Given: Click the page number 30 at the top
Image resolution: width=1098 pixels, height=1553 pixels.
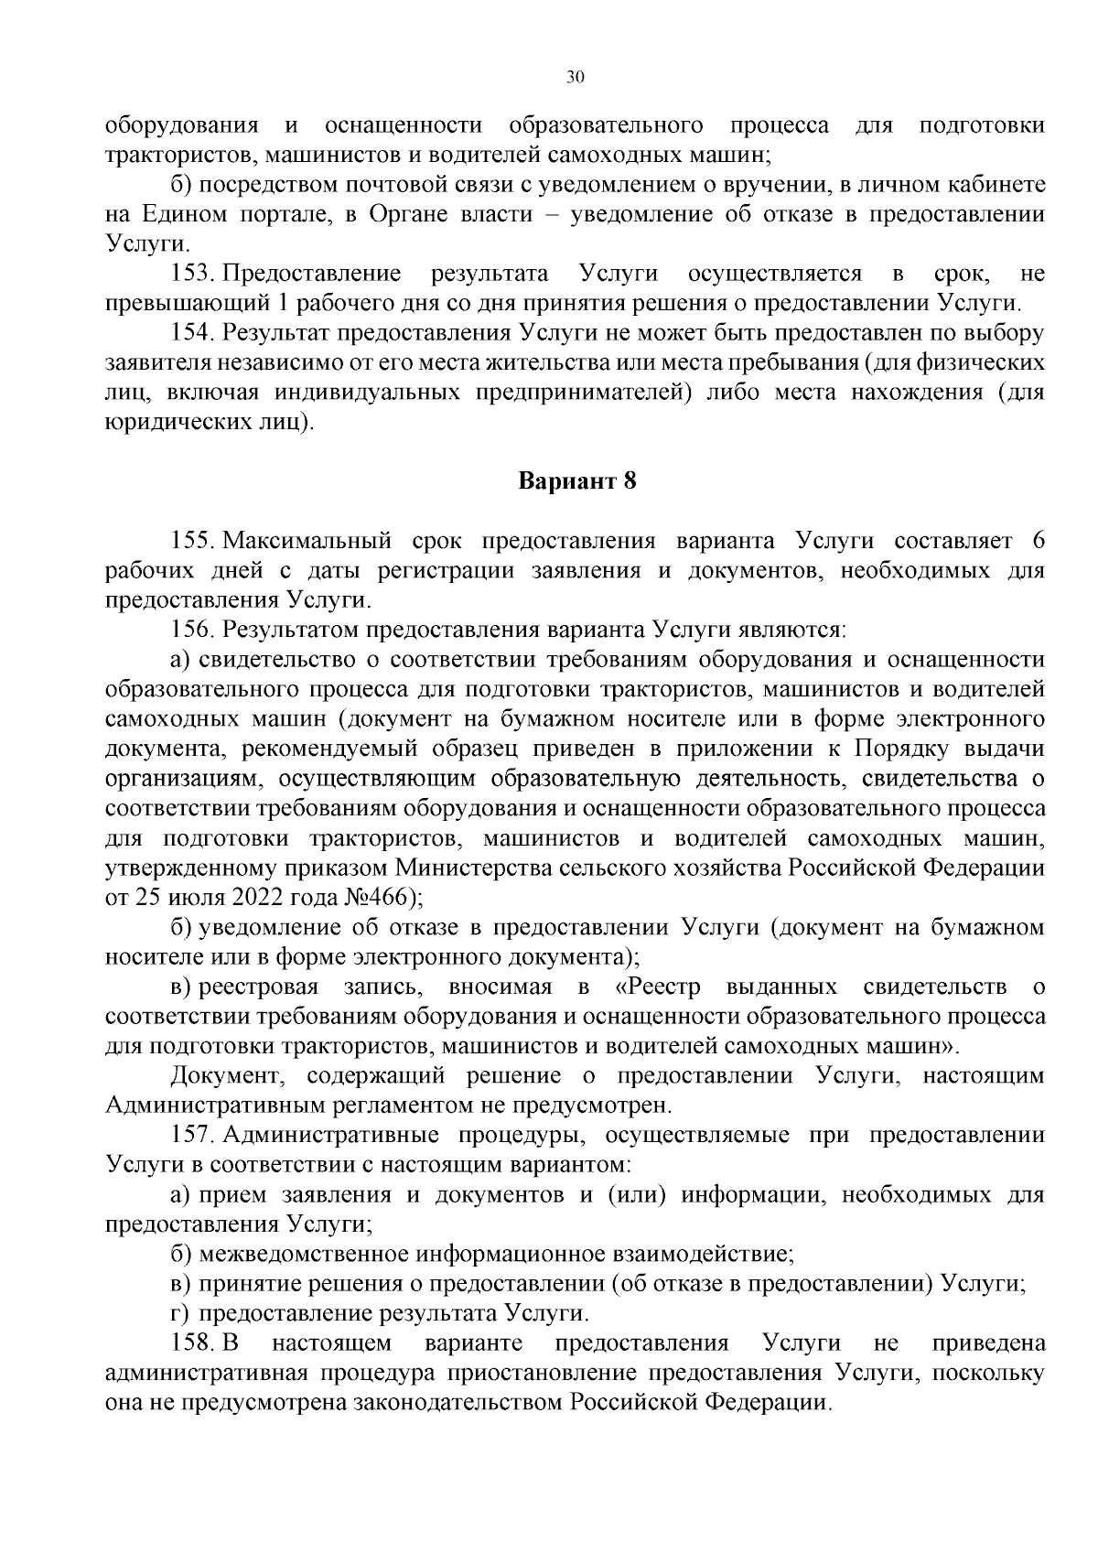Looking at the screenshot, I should [x=575, y=78].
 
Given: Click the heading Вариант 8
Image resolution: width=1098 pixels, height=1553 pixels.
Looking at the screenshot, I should [x=576, y=481].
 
